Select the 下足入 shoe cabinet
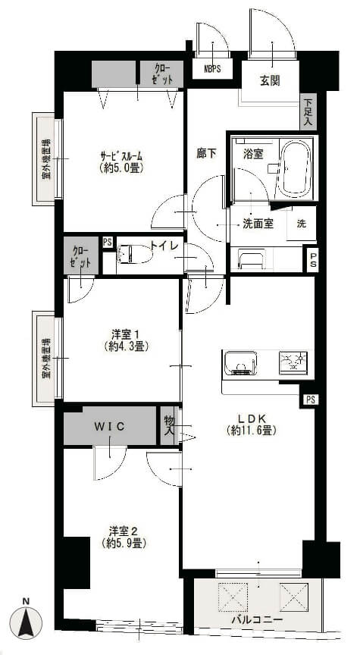308,111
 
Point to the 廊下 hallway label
206,154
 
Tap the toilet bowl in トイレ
134,253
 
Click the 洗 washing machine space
301,223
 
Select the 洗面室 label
258,224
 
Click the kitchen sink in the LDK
240,363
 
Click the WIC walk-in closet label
109,426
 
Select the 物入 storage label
169,425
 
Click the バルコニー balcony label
257,619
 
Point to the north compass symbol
26,620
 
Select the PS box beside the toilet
108,243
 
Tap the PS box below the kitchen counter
310,400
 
